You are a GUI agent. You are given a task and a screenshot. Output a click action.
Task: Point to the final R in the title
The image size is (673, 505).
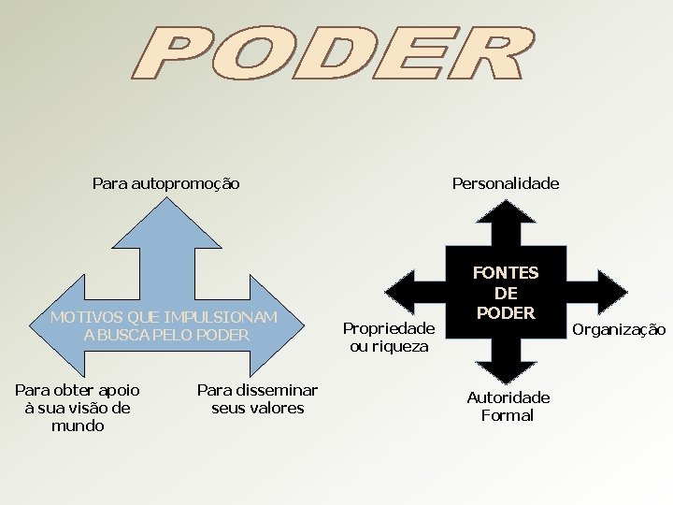(490, 55)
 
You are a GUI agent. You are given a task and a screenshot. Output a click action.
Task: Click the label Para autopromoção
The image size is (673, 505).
(166, 184)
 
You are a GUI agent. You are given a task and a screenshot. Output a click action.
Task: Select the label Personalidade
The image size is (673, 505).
(506, 184)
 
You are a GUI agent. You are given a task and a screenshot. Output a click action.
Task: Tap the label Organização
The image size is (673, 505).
(619, 329)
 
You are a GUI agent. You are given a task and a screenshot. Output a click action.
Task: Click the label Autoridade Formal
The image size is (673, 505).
(508, 407)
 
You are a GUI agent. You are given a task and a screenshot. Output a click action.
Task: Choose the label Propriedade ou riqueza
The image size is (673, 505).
(389, 338)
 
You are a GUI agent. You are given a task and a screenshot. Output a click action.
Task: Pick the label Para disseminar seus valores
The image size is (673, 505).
(257, 399)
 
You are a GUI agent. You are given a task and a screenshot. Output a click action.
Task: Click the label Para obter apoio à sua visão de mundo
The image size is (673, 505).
(78, 408)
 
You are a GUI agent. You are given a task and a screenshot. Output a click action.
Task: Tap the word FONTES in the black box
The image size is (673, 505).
(506, 273)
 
